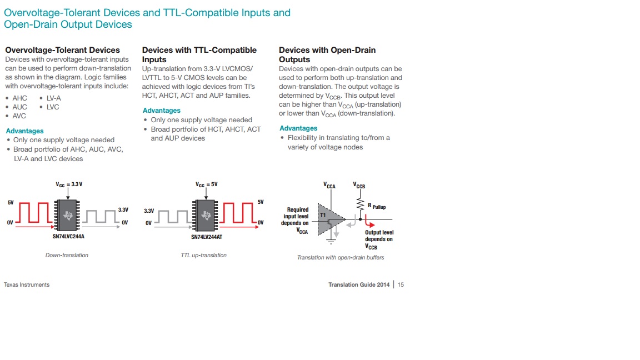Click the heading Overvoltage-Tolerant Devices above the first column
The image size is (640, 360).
pyautogui.click(x=62, y=50)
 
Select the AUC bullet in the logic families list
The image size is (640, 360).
pyautogui.click(x=19, y=107)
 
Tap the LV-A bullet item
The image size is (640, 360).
pyautogui.click(x=54, y=98)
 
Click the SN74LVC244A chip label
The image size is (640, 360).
pyautogui.click(x=68, y=236)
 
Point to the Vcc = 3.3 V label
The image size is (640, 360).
pyautogui.click(x=69, y=184)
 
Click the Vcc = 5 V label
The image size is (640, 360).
pyautogui.click(x=207, y=184)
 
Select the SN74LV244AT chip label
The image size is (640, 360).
pyautogui.click(x=204, y=236)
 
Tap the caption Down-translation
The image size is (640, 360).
pyautogui.click(x=67, y=255)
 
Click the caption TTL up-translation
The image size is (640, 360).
pyautogui.click(x=204, y=255)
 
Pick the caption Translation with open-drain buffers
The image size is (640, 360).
pyautogui.click(x=341, y=257)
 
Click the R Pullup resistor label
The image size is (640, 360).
pyautogui.click(x=377, y=207)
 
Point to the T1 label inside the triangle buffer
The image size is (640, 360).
pyautogui.click(x=323, y=214)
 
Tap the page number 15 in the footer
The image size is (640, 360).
pyautogui.click(x=401, y=284)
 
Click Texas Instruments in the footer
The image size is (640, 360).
pyautogui.click(x=27, y=284)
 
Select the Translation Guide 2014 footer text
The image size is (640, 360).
pyautogui.click(x=359, y=284)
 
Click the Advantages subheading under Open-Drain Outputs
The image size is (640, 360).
pyautogui.click(x=298, y=128)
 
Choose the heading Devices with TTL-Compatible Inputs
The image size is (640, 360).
pyautogui.click(x=199, y=54)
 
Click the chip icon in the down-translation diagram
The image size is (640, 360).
pyautogui.click(x=68, y=216)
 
